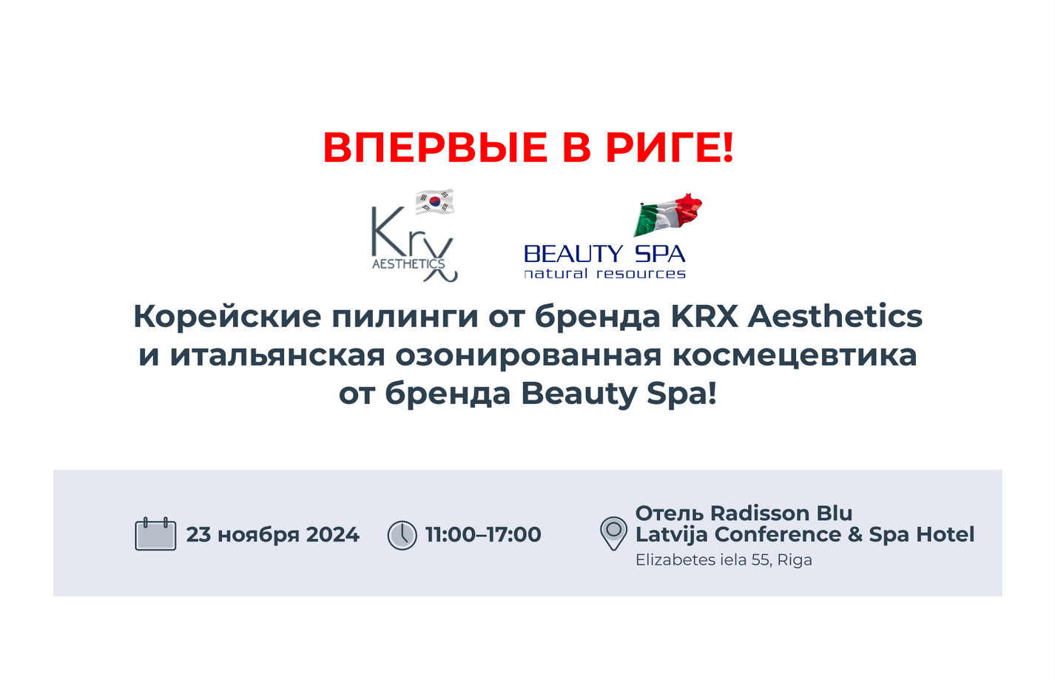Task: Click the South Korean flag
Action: (435, 201)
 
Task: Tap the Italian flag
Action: (668, 215)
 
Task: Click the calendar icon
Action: (155, 534)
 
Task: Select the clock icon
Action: (402, 535)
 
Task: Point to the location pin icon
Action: (613, 534)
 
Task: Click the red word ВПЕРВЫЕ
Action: (435, 148)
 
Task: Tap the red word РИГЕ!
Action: (670, 148)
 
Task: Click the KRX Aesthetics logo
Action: (414, 243)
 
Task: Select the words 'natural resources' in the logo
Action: (604, 274)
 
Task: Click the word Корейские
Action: (227, 316)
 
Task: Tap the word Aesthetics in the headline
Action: (835, 316)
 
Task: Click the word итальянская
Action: (277, 354)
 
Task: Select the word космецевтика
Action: (795, 356)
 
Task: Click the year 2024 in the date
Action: (332, 535)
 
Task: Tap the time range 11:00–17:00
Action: (483, 535)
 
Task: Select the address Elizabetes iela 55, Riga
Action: (724, 559)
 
